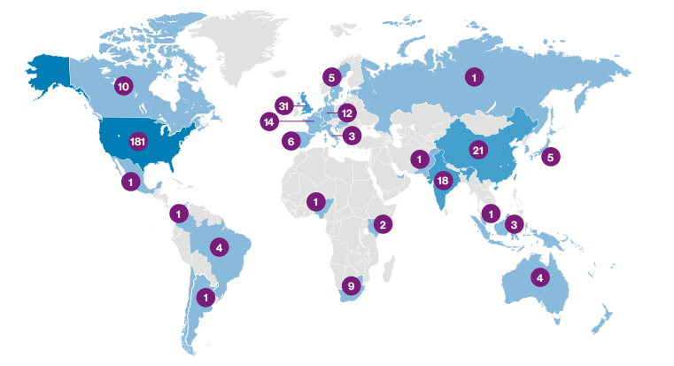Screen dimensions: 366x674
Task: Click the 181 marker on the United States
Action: (x=137, y=141)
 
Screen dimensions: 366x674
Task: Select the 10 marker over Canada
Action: (x=123, y=87)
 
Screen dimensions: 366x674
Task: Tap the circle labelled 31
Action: (x=283, y=104)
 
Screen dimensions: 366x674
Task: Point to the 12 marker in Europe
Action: (x=346, y=113)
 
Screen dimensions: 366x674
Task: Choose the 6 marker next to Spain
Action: (x=290, y=141)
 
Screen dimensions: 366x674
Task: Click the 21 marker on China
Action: (x=478, y=150)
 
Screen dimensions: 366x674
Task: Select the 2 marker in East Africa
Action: (x=382, y=223)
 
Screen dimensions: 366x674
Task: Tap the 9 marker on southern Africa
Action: (x=352, y=285)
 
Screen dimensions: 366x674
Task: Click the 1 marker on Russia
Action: (x=475, y=78)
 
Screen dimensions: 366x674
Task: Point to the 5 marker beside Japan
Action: (x=550, y=157)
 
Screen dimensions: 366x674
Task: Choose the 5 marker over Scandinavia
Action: (x=331, y=76)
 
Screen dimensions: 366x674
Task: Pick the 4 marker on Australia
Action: (x=539, y=277)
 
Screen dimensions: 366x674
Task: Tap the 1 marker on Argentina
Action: (x=205, y=297)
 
